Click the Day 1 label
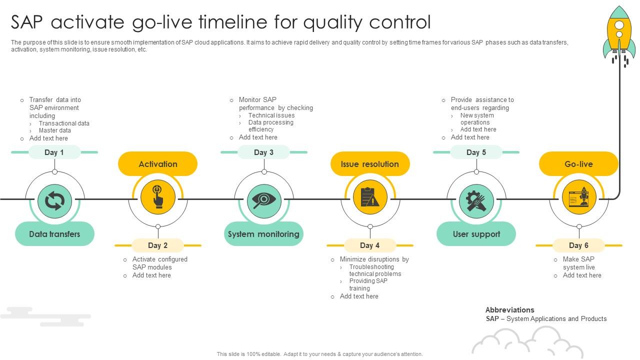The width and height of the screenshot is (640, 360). click(54, 152)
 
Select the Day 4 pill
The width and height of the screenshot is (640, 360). click(370, 245)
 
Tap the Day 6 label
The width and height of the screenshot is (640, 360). click(579, 245)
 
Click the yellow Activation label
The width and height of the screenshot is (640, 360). click(157, 164)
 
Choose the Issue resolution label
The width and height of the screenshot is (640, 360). click(370, 164)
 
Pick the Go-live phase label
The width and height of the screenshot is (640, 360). click(579, 164)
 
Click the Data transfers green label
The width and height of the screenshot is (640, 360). click(54, 234)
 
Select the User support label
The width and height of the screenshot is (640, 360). click(476, 234)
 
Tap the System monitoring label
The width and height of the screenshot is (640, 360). click(263, 234)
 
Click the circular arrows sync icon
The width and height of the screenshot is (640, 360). click(54, 201)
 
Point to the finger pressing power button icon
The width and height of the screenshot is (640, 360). click(157, 196)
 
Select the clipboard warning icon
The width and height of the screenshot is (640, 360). click(370, 197)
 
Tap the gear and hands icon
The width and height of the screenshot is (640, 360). click(476, 201)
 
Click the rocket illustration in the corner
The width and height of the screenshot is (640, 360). click(619, 35)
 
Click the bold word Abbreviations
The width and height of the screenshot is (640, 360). click(509, 310)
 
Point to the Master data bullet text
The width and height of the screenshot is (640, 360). click(55, 130)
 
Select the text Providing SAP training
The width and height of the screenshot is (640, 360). click(368, 284)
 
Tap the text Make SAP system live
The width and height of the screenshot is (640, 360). click(579, 263)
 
